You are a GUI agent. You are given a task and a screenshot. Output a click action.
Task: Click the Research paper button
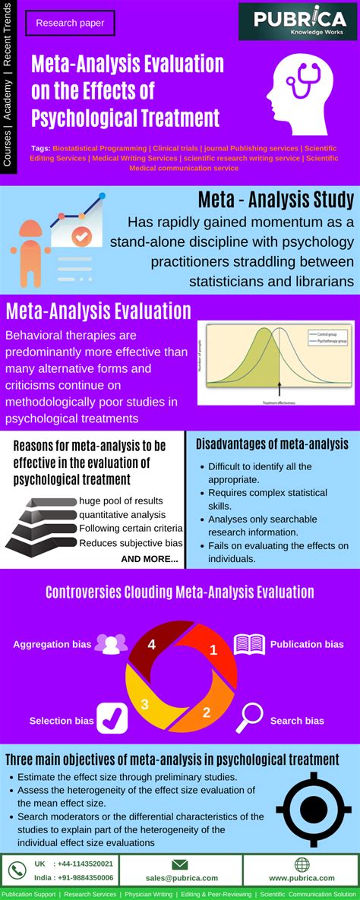pos(70,24)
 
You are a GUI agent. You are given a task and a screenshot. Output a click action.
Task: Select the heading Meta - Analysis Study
pos(276,200)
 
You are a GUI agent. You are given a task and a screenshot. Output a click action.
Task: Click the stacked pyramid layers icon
pos(41,523)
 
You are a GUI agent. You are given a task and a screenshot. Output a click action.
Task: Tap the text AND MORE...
pos(150,560)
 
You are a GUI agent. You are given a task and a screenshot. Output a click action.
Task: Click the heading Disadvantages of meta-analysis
pos(272,444)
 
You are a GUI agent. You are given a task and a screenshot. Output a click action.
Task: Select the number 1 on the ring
pos(213,649)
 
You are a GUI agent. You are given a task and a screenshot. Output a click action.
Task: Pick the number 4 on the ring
pos(152,645)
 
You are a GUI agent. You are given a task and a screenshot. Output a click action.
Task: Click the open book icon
pos(249,644)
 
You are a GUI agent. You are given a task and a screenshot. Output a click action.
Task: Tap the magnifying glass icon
pos(250,715)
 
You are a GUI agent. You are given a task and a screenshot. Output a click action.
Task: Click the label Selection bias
pos(62,721)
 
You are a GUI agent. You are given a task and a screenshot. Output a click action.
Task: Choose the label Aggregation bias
pos(52,644)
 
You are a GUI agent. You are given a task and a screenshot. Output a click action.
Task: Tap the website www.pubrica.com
pos(302,877)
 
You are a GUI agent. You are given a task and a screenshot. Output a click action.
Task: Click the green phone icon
pos(16,870)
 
